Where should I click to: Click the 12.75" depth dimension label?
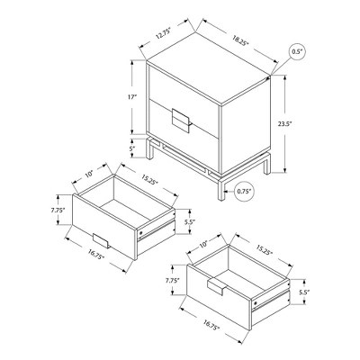click(x=163, y=35)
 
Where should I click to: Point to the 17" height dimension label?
click(x=132, y=97)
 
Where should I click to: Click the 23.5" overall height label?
click(x=297, y=126)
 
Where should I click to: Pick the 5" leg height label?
click(x=132, y=149)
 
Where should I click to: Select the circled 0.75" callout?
click(x=242, y=191)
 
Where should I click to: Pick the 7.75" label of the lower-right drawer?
click(x=173, y=281)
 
